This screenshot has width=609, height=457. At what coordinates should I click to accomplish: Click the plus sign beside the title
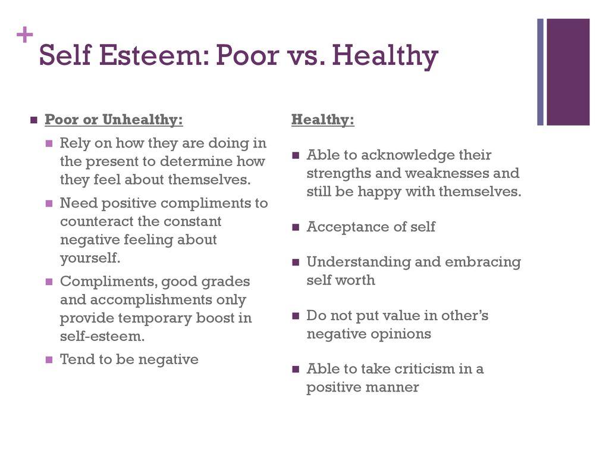click(x=24, y=36)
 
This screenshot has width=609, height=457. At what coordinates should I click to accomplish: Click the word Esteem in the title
click(x=155, y=56)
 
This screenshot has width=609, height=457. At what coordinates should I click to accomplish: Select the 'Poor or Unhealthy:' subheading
click(x=114, y=120)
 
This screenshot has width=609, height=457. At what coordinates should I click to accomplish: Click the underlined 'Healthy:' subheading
click(x=323, y=120)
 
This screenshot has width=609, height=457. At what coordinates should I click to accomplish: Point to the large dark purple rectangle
click(x=568, y=72)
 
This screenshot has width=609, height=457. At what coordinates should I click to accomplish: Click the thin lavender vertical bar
click(x=541, y=72)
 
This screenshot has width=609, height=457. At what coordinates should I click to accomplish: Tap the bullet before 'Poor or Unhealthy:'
click(x=34, y=120)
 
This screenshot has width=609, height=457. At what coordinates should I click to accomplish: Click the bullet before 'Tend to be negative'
click(x=49, y=359)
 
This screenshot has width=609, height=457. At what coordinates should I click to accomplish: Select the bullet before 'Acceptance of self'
click(x=296, y=227)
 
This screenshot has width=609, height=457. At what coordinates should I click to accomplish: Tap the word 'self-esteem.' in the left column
click(x=102, y=336)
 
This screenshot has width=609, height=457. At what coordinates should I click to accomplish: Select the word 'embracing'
click(x=482, y=262)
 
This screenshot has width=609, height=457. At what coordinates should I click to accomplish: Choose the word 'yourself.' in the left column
click(x=90, y=258)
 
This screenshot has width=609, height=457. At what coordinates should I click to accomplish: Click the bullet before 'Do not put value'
click(x=296, y=315)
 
